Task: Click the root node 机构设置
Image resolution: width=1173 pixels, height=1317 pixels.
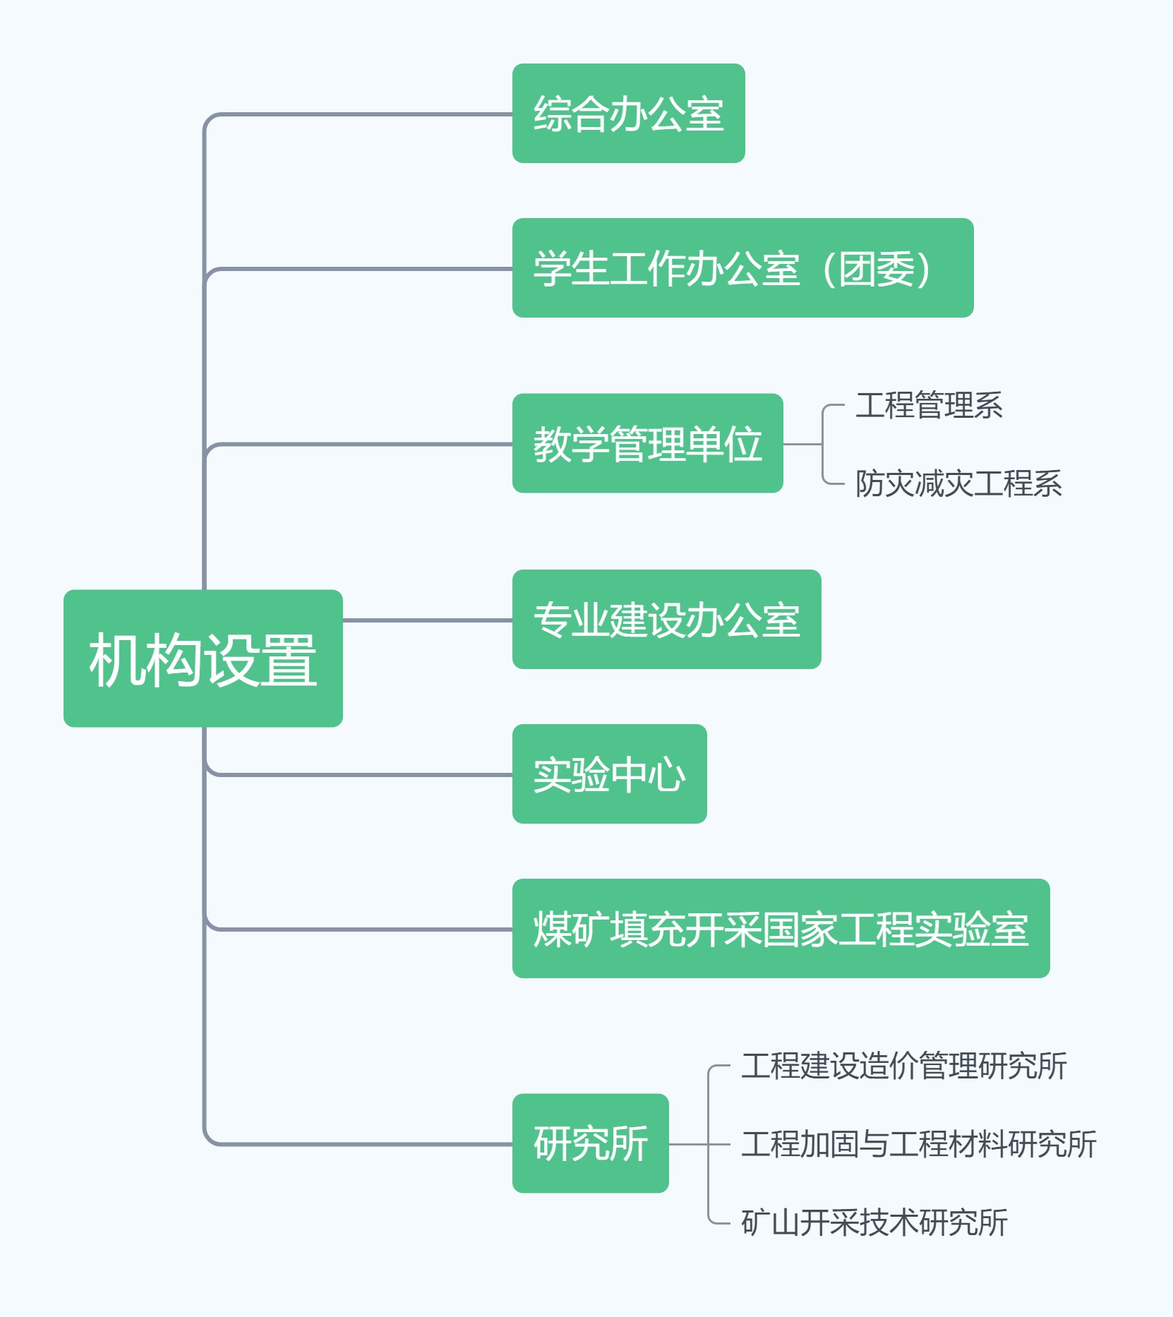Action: coord(203,658)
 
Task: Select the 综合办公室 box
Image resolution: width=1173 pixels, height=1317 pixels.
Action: coord(628,114)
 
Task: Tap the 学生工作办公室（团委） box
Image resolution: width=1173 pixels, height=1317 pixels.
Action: coord(742,268)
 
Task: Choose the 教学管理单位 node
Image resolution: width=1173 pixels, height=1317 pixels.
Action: coord(647,443)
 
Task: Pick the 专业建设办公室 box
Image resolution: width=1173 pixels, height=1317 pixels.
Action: coord(666,619)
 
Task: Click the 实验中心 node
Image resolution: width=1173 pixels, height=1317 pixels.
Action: coord(609,774)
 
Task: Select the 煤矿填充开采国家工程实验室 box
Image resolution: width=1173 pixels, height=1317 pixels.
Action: coord(781,928)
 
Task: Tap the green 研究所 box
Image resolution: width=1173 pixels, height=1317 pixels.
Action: coord(590,1143)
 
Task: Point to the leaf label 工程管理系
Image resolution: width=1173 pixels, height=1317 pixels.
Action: coord(929,405)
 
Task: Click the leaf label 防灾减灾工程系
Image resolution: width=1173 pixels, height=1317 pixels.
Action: coord(958,483)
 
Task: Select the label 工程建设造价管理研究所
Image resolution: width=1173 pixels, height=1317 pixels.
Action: coord(903,1066)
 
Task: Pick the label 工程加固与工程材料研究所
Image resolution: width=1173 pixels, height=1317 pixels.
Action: coord(918,1144)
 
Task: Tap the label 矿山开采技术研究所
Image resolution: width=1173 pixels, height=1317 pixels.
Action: coord(874,1222)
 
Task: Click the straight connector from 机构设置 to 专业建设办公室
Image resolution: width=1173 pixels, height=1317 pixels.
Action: coord(427,620)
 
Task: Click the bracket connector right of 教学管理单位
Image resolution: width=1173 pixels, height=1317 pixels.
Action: coord(822,445)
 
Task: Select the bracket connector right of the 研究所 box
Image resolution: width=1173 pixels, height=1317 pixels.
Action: coord(709,1144)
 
